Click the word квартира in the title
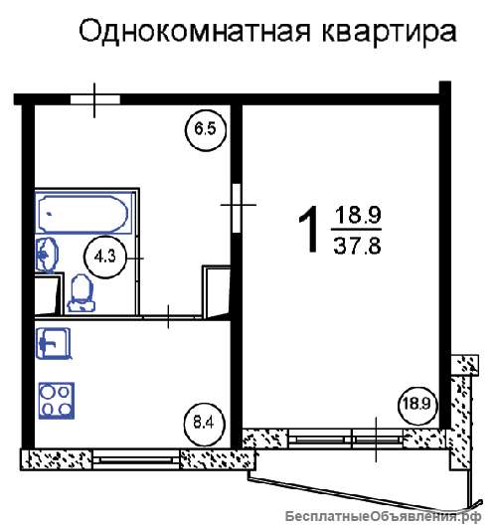click(x=389, y=33)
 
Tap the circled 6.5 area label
click(x=206, y=129)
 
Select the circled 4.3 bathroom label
click(x=104, y=258)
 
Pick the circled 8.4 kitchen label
click(x=204, y=423)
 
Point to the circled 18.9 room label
click(x=416, y=404)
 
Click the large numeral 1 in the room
click(x=309, y=230)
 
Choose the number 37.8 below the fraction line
click(x=357, y=246)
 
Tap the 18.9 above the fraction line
click(x=358, y=215)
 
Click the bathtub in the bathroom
click(x=83, y=213)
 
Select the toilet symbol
click(x=81, y=292)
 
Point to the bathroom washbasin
click(x=47, y=255)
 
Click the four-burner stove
click(x=57, y=401)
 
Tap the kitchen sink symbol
click(x=54, y=343)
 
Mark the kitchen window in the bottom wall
click(x=135, y=459)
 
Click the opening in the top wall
click(x=95, y=99)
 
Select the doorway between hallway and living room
click(x=237, y=208)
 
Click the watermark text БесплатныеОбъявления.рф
click(x=384, y=516)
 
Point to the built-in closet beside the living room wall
click(x=216, y=291)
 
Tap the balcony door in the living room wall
click(x=378, y=439)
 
